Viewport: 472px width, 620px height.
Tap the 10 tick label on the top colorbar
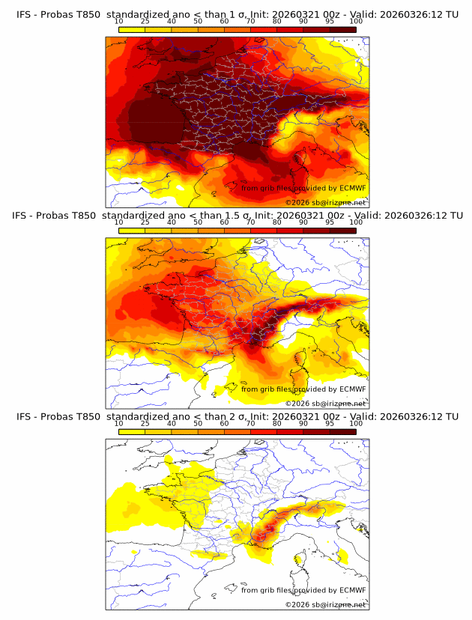point(118,22)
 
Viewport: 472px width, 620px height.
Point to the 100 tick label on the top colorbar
point(356,22)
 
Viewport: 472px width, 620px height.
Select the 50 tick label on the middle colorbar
point(198,222)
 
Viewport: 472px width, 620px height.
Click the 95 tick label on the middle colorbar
point(330,222)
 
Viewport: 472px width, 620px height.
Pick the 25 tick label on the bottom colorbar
point(145,423)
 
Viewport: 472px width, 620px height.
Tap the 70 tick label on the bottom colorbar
point(250,423)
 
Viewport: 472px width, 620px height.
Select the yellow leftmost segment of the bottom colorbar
point(131,431)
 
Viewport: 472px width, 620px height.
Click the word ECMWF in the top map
point(352,189)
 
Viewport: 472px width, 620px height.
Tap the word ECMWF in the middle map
point(352,389)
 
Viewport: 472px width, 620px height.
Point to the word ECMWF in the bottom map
point(352,590)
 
